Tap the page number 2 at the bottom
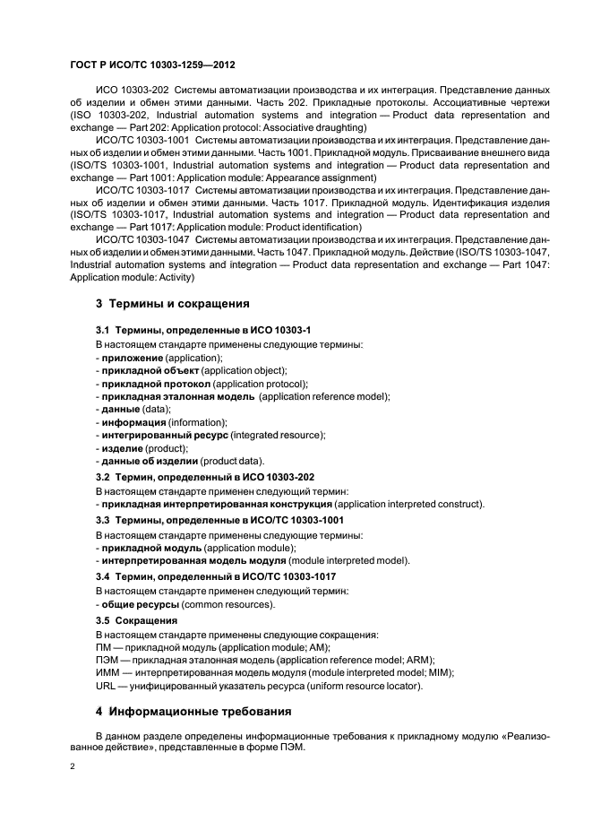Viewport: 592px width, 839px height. pyautogui.click(x=73, y=767)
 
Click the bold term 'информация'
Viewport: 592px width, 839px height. pyautogui.click(x=133, y=421)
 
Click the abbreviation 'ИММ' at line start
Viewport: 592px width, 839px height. pyautogui.click(x=107, y=672)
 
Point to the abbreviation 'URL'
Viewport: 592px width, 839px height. pyautogui.click(x=106, y=686)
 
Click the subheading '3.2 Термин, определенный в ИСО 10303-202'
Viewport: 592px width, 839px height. pyautogui.click(x=205, y=477)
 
